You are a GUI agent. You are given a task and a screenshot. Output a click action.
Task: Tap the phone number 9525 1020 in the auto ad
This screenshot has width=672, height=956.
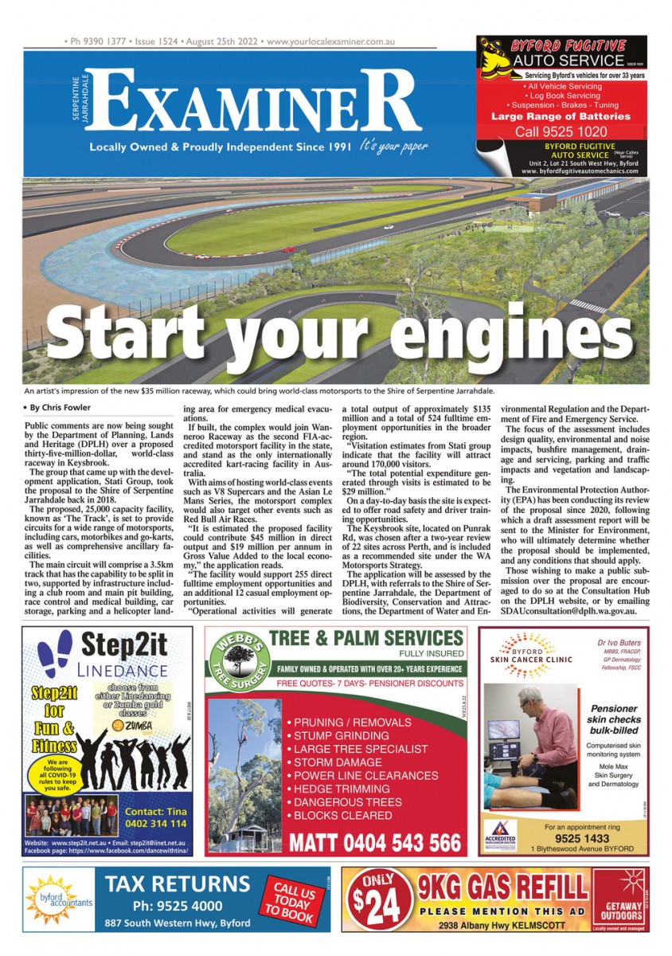pos(561,131)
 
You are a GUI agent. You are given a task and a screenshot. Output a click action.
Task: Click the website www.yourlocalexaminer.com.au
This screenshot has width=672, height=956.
pos(332,41)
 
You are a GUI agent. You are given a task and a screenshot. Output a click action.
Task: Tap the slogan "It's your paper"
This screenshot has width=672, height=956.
pos(393,147)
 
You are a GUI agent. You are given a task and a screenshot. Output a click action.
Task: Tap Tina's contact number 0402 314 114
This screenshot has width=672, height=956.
pos(155,823)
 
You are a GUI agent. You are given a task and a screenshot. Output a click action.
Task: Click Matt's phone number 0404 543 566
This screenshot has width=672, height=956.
pos(375,843)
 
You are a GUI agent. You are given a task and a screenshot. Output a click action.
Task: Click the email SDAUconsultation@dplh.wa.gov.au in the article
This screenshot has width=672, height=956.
pos(568,611)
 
